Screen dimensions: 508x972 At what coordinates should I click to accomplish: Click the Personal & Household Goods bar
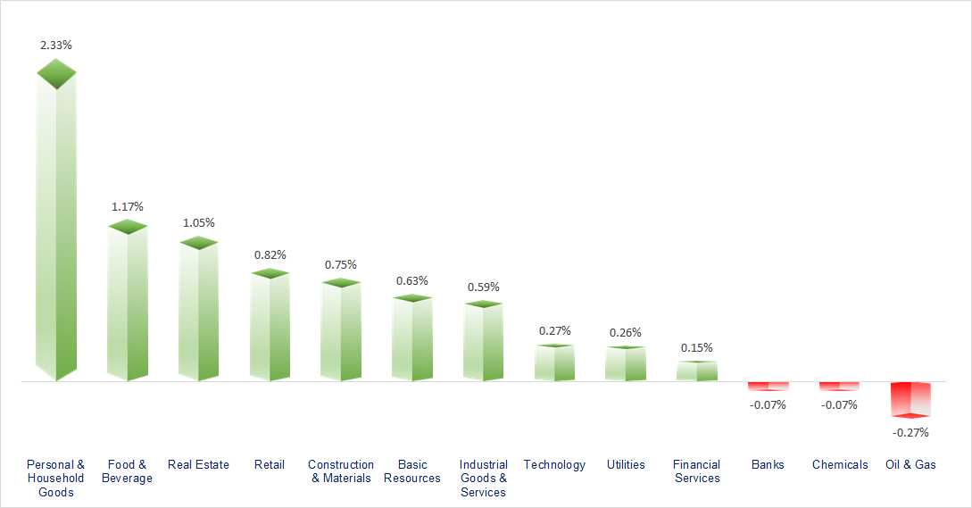[x=55, y=223]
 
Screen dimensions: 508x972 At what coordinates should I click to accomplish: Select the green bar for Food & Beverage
[x=127, y=304]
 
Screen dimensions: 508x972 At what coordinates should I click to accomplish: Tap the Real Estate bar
[x=198, y=312]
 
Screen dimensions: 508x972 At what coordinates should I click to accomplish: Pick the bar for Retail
[x=270, y=326]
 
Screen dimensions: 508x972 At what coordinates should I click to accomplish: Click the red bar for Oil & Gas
[x=910, y=399]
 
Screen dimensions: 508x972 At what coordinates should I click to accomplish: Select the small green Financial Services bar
[x=696, y=371]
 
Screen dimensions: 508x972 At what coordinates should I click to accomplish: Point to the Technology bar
[x=554, y=363]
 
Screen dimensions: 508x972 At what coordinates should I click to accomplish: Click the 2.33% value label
[x=56, y=45]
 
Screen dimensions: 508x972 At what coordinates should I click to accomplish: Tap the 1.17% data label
[x=127, y=207]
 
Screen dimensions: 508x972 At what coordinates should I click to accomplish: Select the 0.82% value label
[x=270, y=254]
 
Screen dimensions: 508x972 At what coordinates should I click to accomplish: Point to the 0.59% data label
[x=483, y=287]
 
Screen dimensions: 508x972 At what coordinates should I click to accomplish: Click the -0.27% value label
[x=910, y=433]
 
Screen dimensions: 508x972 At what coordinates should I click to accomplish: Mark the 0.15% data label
[x=696, y=348]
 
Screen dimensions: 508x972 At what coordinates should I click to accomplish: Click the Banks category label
[x=768, y=464]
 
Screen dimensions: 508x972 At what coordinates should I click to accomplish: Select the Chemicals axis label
[x=839, y=464]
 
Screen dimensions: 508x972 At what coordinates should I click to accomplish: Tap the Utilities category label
[x=625, y=464]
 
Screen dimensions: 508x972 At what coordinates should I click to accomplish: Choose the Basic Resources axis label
[x=411, y=471]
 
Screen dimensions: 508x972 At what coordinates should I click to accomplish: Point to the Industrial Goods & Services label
[x=483, y=478]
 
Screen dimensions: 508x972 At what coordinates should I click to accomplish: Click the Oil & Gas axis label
[x=910, y=464]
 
